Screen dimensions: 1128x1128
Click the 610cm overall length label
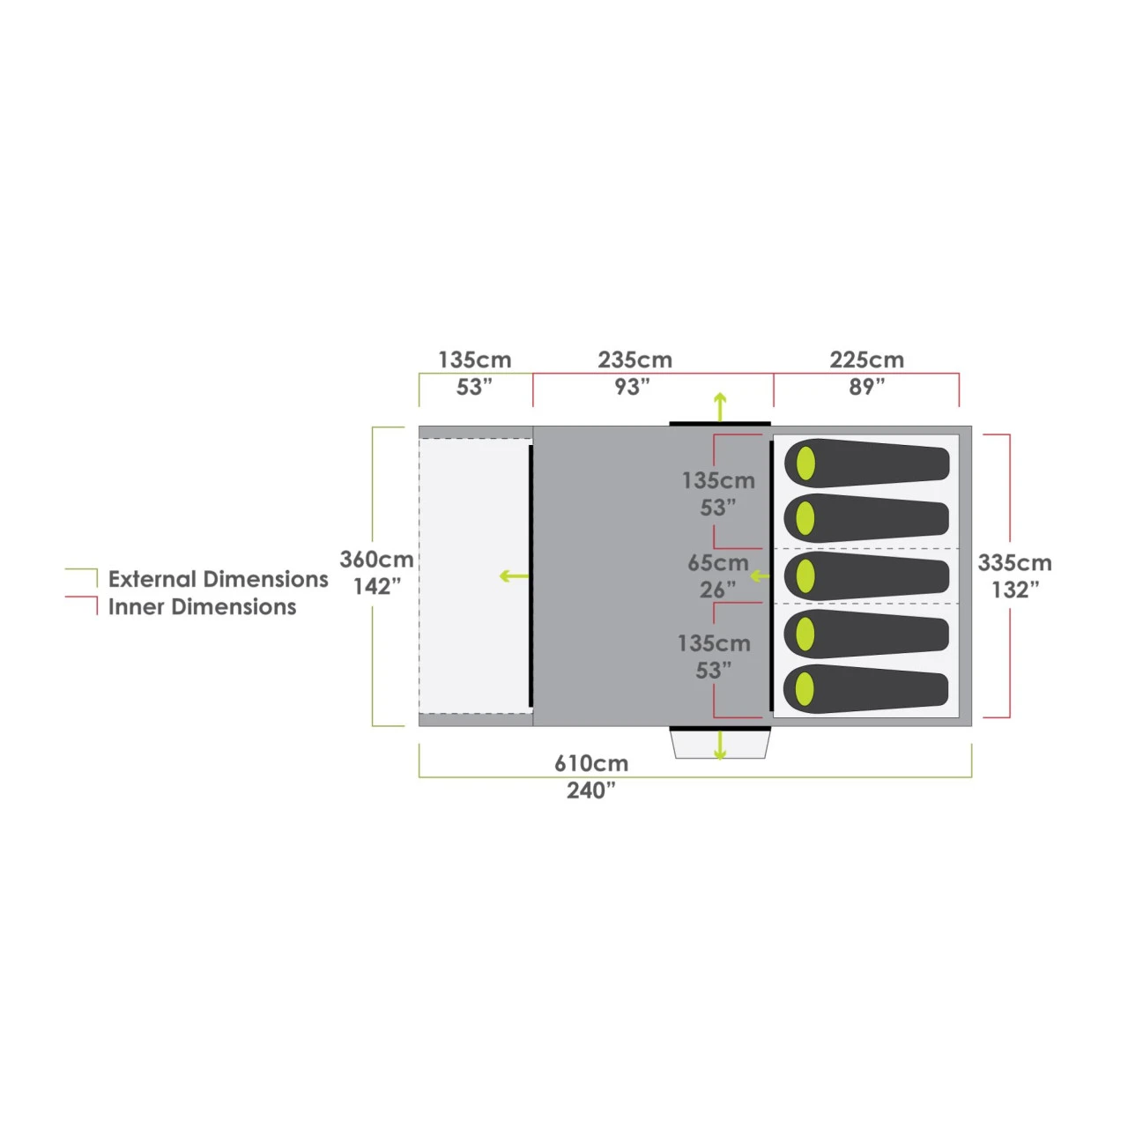tap(591, 763)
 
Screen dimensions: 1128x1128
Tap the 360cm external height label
tap(376, 560)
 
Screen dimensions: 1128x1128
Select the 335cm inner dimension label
tap(1014, 563)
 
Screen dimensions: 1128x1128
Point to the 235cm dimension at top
tap(634, 360)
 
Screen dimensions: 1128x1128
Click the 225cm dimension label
tap(866, 360)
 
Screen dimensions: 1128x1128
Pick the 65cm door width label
tap(717, 563)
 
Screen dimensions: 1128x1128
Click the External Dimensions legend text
tap(219, 579)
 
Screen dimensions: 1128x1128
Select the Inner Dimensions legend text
tap(202, 607)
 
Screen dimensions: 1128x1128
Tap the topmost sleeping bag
tap(866, 463)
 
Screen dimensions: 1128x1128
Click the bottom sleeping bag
tap(865, 689)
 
